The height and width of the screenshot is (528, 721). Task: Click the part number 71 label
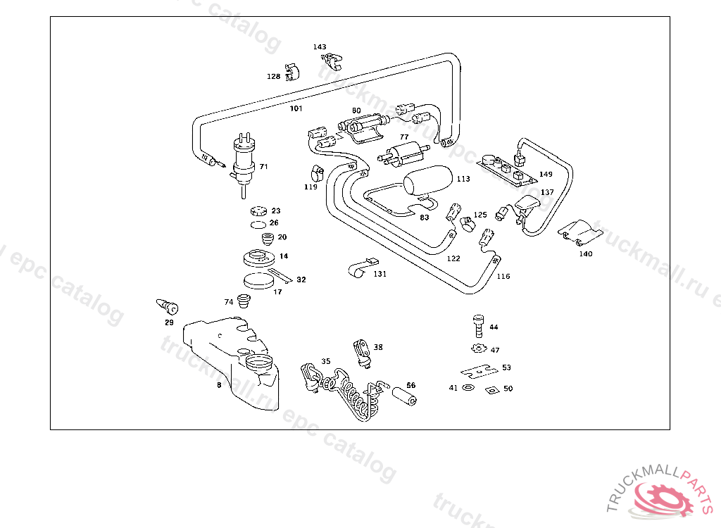click(263, 167)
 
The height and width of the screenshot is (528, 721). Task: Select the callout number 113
click(463, 179)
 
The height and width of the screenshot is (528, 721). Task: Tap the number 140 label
click(585, 253)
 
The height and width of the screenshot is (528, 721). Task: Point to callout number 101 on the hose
click(296, 108)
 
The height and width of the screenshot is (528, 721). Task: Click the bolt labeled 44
click(478, 327)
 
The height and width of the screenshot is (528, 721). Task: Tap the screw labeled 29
click(167, 306)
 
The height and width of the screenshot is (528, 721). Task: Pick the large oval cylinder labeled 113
click(429, 180)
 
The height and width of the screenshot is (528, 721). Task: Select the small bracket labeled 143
click(330, 61)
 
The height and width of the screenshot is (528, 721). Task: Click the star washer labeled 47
click(479, 348)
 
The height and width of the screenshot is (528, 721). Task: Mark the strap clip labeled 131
click(360, 268)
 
